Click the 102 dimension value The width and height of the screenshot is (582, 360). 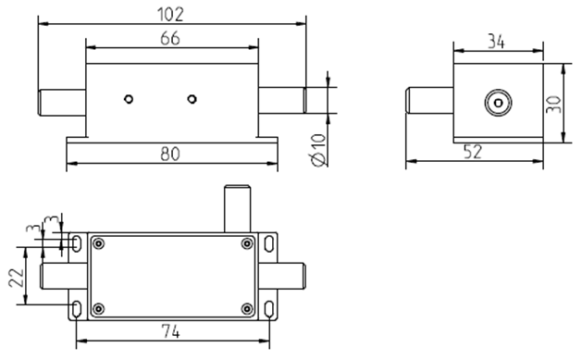(x=171, y=15)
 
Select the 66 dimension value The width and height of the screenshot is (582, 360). (x=170, y=38)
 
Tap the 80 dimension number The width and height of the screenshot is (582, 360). (x=170, y=154)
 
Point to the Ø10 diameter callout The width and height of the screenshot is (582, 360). (x=317, y=150)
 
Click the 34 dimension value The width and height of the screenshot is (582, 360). (x=496, y=42)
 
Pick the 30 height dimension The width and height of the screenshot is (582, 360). (x=554, y=105)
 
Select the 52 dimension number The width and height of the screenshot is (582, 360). (x=473, y=152)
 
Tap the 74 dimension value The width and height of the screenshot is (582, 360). (x=171, y=331)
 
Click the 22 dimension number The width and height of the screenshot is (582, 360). (x=17, y=278)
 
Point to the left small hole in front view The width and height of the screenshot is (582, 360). (x=129, y=99)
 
